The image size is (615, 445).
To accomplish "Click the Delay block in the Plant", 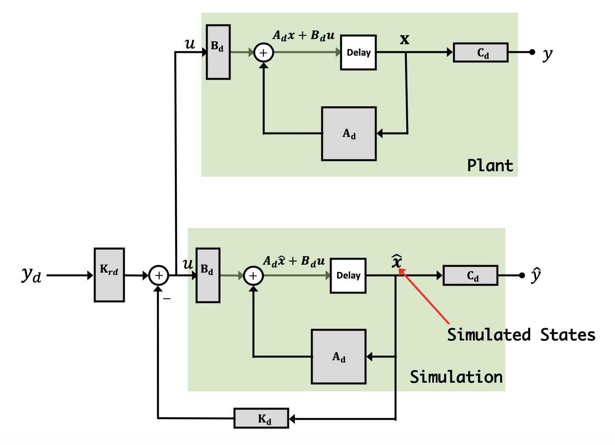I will point(358,52).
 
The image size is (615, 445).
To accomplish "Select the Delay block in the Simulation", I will point(348,275).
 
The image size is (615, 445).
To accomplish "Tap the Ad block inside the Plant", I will point(349,134).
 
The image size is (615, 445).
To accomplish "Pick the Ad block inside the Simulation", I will point(339,357).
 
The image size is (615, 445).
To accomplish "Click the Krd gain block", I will point(109,275).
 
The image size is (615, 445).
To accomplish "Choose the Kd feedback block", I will point(262,418).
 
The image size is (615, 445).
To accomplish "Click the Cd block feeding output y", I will point(481,52).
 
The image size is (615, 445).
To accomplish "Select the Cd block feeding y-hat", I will point(471,275).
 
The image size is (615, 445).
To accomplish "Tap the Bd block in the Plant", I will point(218,52).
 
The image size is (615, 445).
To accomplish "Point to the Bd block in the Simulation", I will point(208,275).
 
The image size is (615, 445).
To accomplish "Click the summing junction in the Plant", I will point(264,52).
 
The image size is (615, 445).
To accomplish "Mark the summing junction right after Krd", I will point(159,275).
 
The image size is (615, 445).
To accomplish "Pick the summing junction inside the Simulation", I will point(253,276).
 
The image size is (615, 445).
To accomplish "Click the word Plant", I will point(490,165).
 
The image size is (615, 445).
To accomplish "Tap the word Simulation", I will point(456,377).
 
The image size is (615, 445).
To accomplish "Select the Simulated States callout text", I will point(521,335).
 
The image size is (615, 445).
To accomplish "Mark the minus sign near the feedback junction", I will point(167,299).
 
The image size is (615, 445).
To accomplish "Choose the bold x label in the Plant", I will point(405,39).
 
